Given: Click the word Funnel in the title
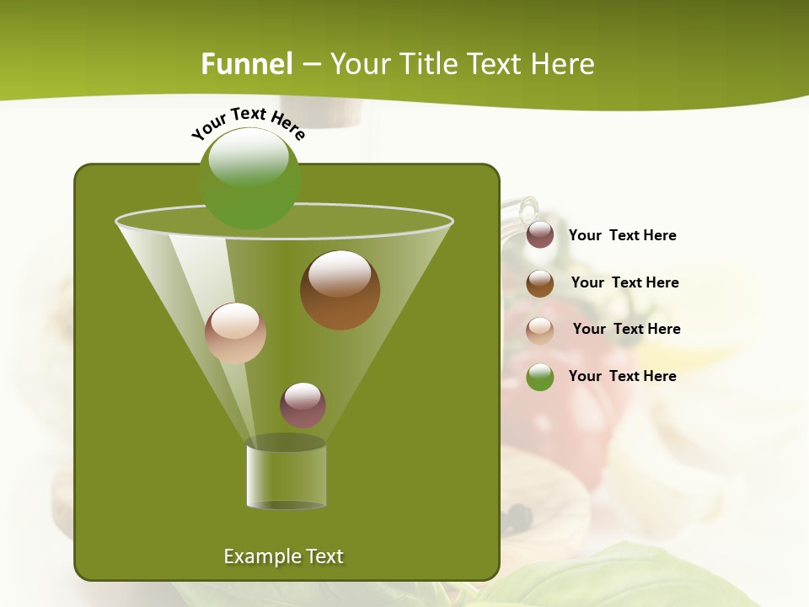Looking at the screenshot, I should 247,63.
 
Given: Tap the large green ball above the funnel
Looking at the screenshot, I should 249,179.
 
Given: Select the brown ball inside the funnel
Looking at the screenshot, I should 340,290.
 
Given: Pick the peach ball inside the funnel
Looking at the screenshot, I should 235,333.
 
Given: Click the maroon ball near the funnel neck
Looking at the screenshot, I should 303,405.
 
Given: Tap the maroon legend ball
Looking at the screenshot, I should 540,235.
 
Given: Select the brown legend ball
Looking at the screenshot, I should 540,283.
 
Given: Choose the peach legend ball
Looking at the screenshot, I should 540,330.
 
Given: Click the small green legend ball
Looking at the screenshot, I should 540,377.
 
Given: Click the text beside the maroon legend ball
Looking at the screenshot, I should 622,235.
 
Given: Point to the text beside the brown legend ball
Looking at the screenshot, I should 624,282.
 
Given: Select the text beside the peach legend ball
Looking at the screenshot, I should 626,329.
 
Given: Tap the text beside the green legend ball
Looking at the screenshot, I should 622,376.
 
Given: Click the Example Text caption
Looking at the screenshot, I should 283,556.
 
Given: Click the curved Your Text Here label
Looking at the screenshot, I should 248,121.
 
